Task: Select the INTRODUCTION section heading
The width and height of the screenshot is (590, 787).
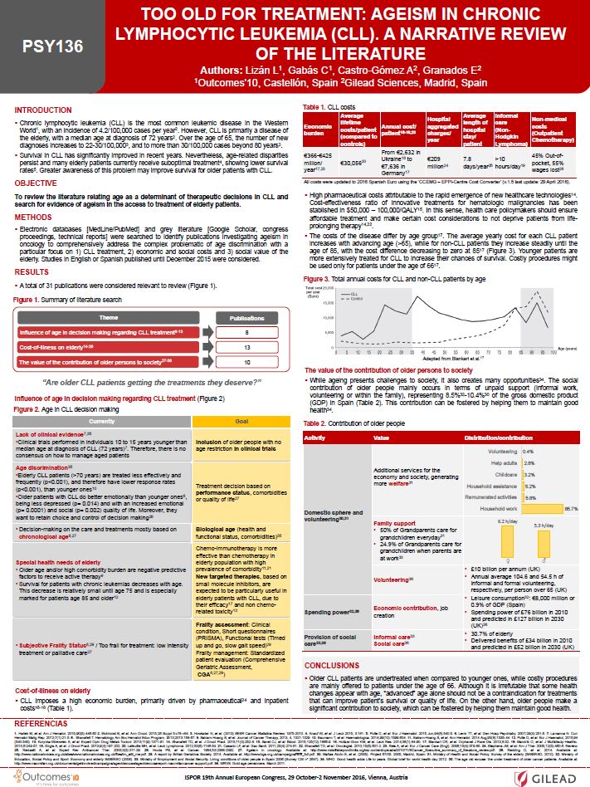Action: [43, 110]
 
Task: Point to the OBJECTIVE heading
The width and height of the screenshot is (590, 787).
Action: [37, 159]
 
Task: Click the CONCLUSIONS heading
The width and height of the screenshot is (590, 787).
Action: [333, 665]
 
